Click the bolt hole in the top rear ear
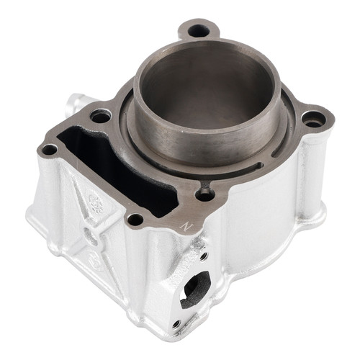(x=199, y=31)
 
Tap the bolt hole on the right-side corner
(x=313, y=119)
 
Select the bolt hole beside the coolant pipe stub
(x=101, y=115)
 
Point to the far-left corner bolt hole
(x=49, y=150)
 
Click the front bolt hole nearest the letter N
(x=135, y=219)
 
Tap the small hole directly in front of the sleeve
(x=205, y=192)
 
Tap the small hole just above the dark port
(x=204, y=256)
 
